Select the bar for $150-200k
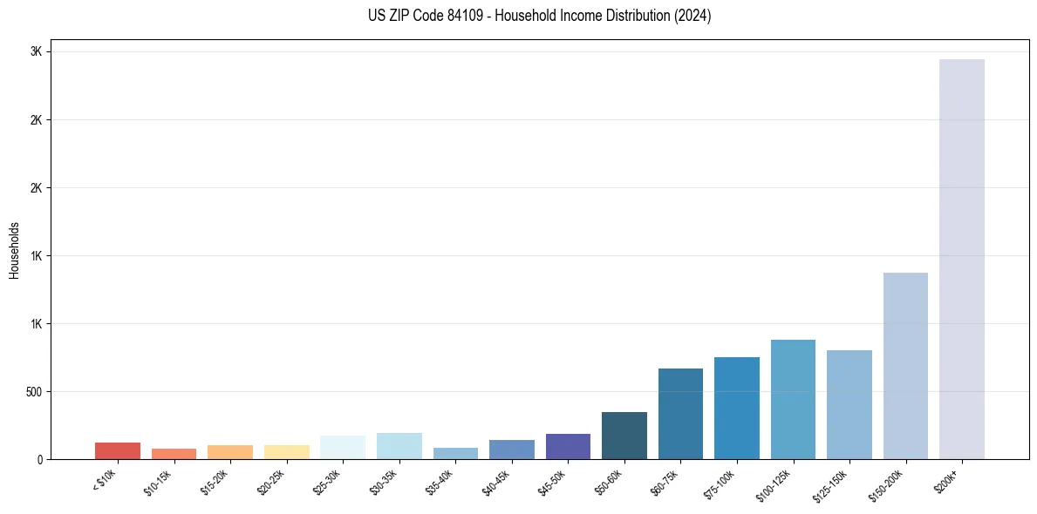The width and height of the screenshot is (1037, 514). point(905,366)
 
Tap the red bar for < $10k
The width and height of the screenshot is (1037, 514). point(118,450)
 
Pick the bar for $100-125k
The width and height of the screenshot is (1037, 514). point(793,399)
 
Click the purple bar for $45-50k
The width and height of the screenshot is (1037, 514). point(568,446)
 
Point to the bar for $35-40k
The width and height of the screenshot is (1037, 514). point(455,453)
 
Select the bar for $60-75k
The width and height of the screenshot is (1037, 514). point(680,414)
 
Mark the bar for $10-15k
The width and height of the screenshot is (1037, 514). point(174,454)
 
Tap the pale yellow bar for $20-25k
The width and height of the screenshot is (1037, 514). point(286,452)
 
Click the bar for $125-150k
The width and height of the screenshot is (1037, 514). point(849,404)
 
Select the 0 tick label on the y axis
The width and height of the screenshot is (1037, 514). point(39,459)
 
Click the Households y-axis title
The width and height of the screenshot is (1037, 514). point(14,250)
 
